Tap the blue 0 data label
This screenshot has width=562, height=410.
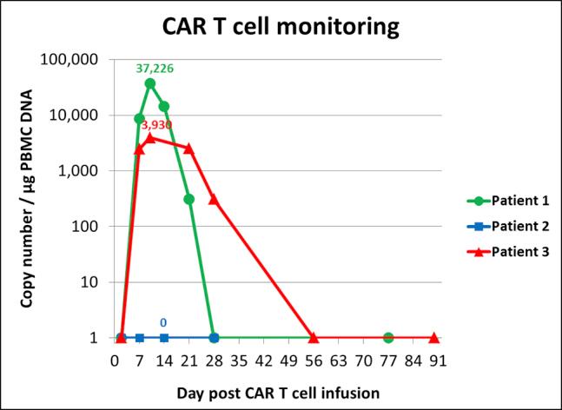pos(163,323)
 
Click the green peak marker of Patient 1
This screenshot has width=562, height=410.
pos(150,83)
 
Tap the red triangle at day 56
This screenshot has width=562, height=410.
pos(313,337)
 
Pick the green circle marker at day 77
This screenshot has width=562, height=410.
pos(387,337)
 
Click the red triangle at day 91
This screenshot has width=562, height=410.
pos(433,337)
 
